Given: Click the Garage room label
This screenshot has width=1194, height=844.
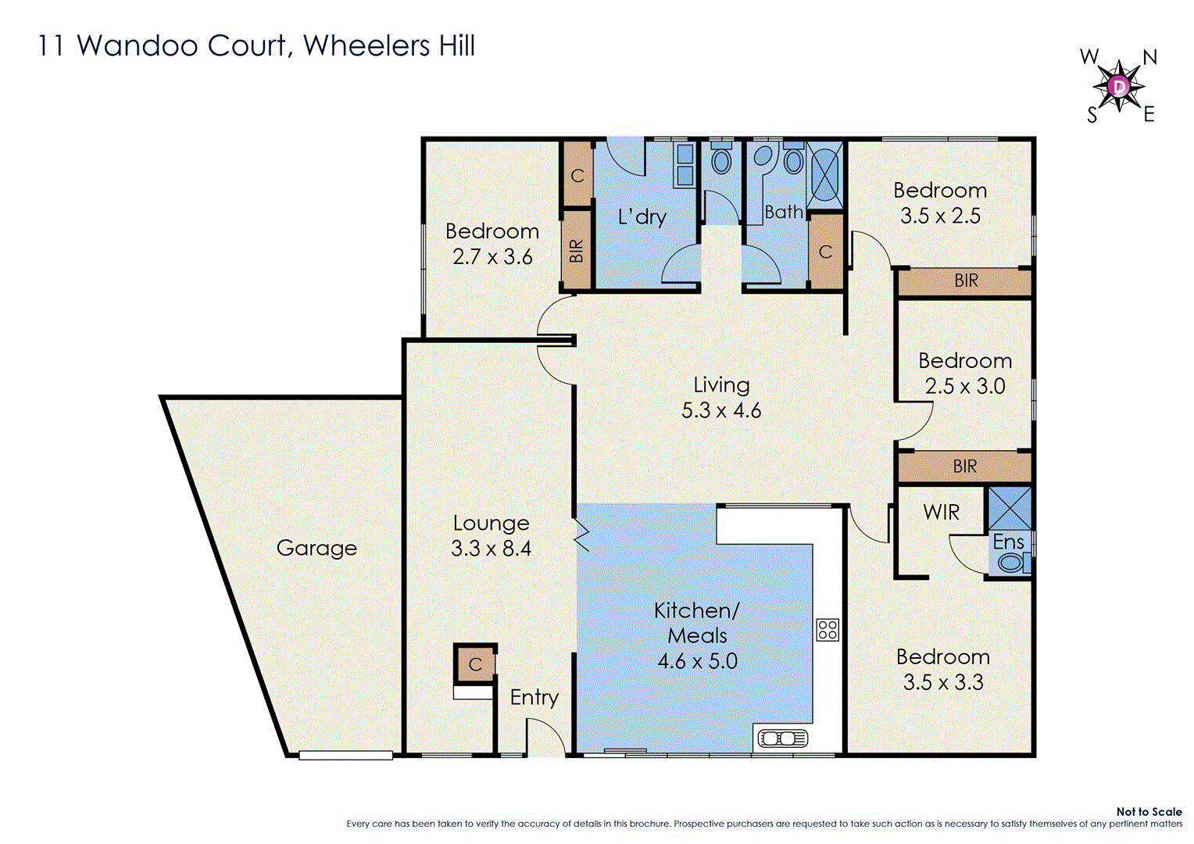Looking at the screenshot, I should click(x=316, y=548).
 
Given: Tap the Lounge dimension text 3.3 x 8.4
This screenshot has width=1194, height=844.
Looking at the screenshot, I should click(x=491, y=549).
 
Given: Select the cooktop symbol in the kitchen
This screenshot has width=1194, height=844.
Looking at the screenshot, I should click(x=828, y=629).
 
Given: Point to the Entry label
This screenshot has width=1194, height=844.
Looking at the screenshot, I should click(x=534, y=697).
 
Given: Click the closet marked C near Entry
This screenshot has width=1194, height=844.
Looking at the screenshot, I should click(x=475, y=664).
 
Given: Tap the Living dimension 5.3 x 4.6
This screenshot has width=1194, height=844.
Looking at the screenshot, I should click(x=720, y=410).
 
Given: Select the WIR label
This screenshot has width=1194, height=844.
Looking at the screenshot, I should click(x=941, y=513).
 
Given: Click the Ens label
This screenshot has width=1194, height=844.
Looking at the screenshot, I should click(x=1008, y=542).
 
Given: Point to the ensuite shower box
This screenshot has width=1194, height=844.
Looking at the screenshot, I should click(x=1010, y=508).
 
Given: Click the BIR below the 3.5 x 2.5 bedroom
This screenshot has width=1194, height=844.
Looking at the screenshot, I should click(x=966, y=281).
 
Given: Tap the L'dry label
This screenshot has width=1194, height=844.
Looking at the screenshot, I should click(x=642, y=216).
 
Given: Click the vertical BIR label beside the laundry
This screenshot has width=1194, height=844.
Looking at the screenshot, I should click(x=577, y=250).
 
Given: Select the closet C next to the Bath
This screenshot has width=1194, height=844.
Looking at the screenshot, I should click(x=825, y=252).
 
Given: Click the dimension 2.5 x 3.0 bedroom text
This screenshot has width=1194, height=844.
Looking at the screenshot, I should click(x=964, y=386).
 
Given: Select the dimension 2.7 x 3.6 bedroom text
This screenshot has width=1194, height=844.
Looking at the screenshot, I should click(x=492, y=256).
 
